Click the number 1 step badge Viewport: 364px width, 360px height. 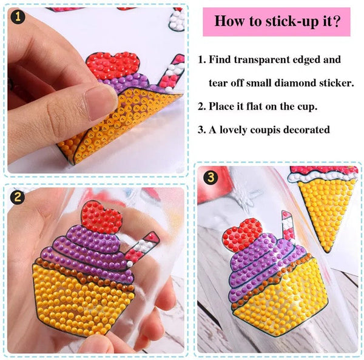pyautogui.click(x=18, y=16)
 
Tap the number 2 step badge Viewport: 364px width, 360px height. pyautogui.click(x=18, y=197)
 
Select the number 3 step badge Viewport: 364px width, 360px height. pyautogui.click(x=211, y=178)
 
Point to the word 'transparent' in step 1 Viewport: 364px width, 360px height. pyautogui.click(x=261, y=60)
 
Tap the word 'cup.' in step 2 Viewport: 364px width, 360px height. pyautogui.click(x=307, y=107)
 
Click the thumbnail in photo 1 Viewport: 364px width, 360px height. pyautogui.click(x=101, y=102)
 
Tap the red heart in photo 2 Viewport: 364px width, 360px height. pyautogui.click(x=101, y=216)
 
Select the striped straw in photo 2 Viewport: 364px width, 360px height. pyautogui.click(x=141, y=248)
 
